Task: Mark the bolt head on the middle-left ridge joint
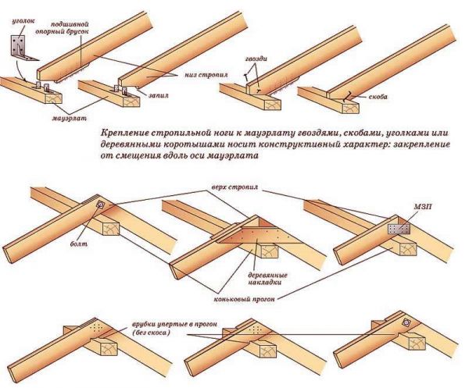[x=99, y=205]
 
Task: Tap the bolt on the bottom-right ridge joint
[x=407, y=322]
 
